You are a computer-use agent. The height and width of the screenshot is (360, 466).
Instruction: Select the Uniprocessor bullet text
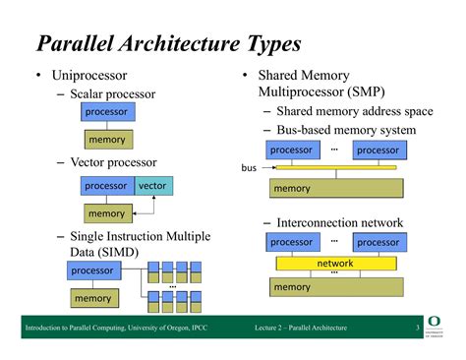tap(90, 76)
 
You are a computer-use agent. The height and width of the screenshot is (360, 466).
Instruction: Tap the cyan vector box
tap(152, 185)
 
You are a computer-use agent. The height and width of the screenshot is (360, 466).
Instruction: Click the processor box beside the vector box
tap(105, 185)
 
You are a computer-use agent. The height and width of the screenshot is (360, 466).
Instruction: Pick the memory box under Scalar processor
tap(107, 140)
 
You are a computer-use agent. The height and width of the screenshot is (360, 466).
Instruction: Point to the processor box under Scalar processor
tap(107, 112)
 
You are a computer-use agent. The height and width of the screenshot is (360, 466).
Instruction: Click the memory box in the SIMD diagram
tap(93, 298)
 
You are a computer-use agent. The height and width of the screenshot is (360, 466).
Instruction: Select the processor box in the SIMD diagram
tap(92, 270)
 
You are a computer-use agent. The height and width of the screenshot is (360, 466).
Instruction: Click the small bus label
tap(249, 168)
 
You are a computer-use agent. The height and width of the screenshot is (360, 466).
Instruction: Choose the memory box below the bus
tap(335, 188)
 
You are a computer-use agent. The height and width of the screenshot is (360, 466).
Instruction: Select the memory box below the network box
tap(335, 287)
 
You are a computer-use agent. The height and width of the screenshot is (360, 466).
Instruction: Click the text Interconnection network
tap(340, 222)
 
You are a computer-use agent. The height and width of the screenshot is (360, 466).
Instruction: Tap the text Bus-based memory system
tap(346, 130)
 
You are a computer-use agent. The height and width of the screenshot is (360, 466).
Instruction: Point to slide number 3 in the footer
tap(416, 327)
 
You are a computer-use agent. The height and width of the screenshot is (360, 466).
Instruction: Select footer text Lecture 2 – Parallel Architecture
tap(300, 327)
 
